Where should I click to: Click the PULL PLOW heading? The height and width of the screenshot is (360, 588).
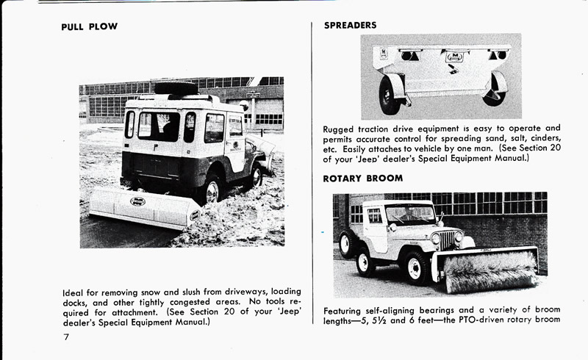[x=90, y=27]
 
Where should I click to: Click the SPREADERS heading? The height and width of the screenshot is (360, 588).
[x=351, y=25]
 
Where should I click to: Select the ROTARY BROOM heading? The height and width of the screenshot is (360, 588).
[x=363, y=179]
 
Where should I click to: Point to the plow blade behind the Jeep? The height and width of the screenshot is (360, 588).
[x=144, y=207]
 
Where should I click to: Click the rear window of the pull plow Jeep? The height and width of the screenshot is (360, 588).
[x=159, y=126]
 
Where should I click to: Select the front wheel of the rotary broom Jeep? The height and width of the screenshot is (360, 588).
[x=415, y=267]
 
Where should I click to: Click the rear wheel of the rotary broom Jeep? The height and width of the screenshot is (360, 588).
[x=348, y=244]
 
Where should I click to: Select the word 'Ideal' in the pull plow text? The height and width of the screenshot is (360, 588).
[x=75, y=292]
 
